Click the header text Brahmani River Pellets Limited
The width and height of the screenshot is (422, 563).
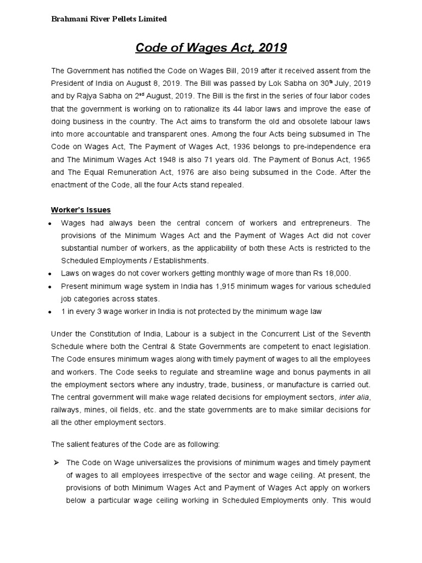[x=109, y=19]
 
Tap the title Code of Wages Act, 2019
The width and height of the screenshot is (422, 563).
[x=211, y=48]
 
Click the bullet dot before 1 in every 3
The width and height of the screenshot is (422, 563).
[x=50, y=312]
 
